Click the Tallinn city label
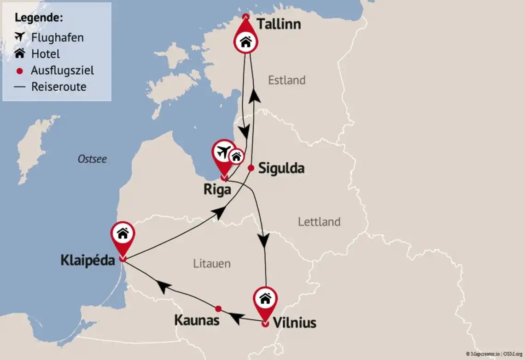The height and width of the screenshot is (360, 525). coord(279,24)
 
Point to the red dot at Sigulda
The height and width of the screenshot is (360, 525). coord(251,168)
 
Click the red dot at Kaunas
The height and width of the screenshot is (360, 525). coord(219,308)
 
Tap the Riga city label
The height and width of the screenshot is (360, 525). coord(217,189)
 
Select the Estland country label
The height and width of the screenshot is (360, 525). coord(286,80)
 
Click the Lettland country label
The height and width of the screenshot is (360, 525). coord(319,222)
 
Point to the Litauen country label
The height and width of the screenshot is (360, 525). coord(212,264)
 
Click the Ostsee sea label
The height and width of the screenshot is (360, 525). coord(92,159)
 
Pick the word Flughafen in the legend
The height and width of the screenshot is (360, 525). coord(58,37)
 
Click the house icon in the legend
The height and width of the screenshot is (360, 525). coord(19,53)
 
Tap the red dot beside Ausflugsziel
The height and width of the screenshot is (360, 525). coord(19,71)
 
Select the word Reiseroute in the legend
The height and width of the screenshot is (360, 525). coord(58,87)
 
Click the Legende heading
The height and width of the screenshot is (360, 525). coord(39,18)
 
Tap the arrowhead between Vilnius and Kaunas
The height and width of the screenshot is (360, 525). coord(235,318)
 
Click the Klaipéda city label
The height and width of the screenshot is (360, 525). coord(87,260)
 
